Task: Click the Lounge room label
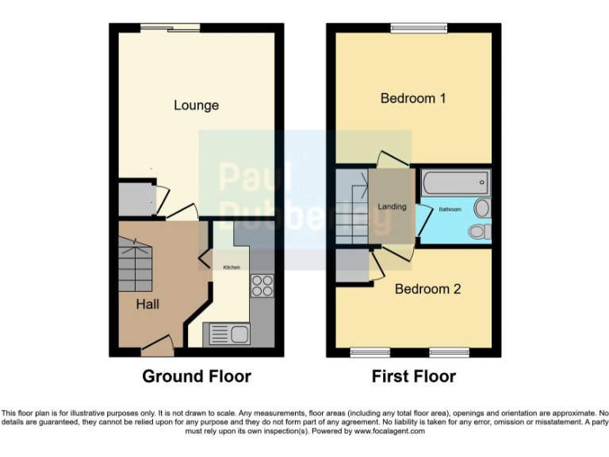[196, 106]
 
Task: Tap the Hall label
[147, 304]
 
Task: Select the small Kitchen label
[231, 268]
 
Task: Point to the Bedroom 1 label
[413, 98]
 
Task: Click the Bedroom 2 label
[427, 289]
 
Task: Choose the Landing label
[392, 207]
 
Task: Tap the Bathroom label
[450, 209]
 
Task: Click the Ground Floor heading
[196, 376]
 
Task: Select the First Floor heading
[414, 376]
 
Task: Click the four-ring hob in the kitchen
[262, 285]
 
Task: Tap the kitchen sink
[228, 335]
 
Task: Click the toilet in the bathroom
[478, 231]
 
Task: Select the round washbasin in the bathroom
[481, 209]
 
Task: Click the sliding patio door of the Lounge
[170, 29]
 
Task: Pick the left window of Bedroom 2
[366, 351]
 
